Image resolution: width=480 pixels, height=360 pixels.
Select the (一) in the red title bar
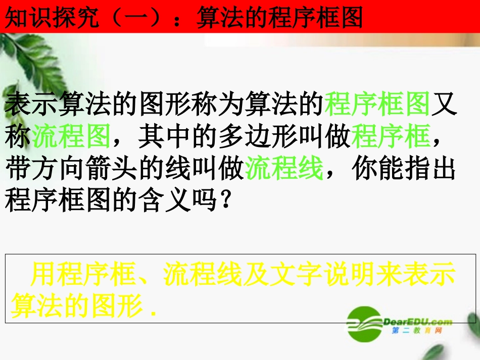point(134,18)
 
